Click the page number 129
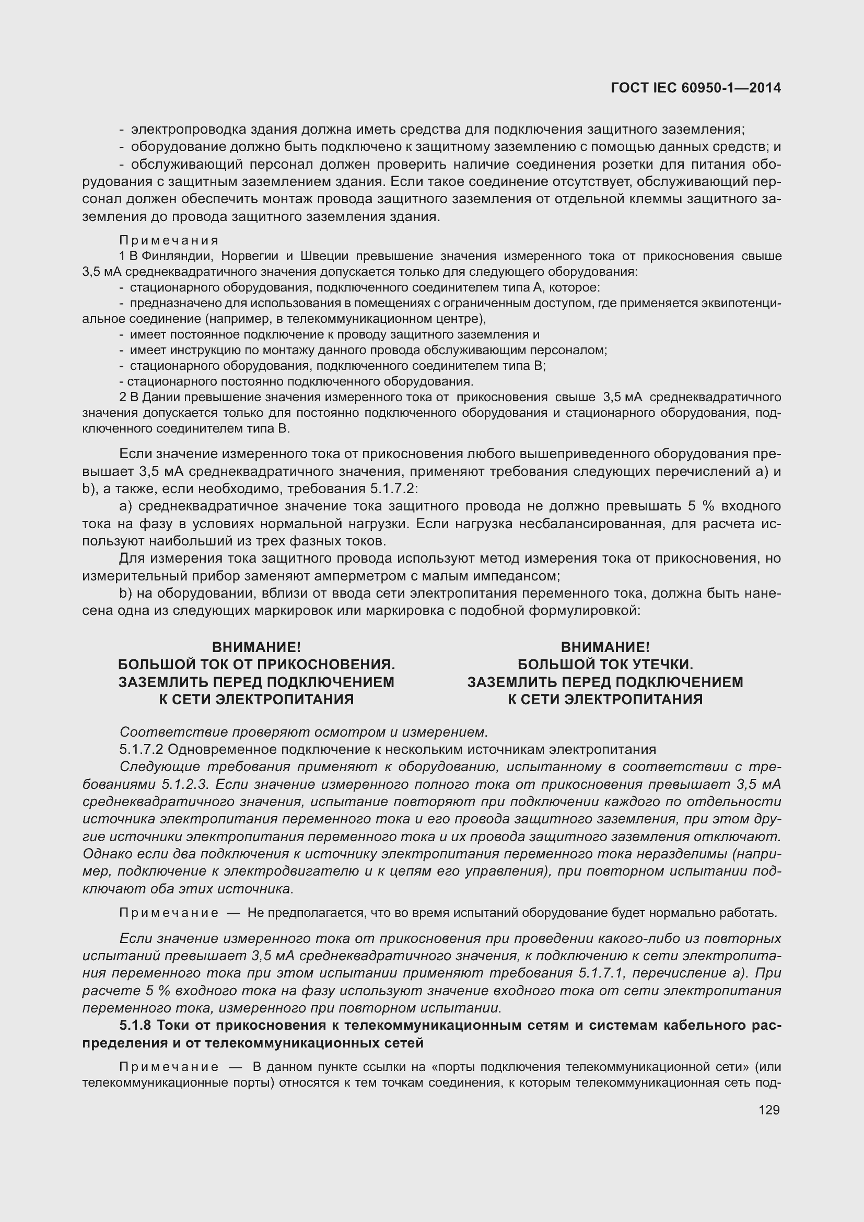pyautogui.click(x=769, y=1110)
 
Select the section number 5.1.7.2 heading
pyautogui.click(x=142, y=749)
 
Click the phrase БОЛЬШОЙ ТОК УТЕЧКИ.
pyautogui.click(x=605, y=665)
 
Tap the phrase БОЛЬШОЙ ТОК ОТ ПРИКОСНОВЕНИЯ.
pyautogui.click(x=256, y=665)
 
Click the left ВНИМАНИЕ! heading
pyautogui.click(x=256, y=647)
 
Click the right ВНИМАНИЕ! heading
pyautogui.click(x=605, y=647)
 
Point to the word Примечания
pyautogui.click(x=169, y=240)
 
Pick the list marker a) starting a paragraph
pyautogui.click(x=126, y=506)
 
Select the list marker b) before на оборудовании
pyautogui.click(x=126, y=593)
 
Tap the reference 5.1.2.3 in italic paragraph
pyautogui.click(x=183, y=785)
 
